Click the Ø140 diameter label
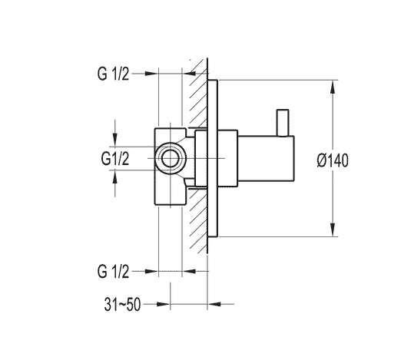333,160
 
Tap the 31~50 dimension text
122,305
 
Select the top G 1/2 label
113,74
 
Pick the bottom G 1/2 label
113,271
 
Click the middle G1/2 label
115,158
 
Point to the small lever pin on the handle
283,123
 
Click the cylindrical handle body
266,158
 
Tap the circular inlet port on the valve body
170,158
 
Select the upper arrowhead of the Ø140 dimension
333,87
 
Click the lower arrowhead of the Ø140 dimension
333,230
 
